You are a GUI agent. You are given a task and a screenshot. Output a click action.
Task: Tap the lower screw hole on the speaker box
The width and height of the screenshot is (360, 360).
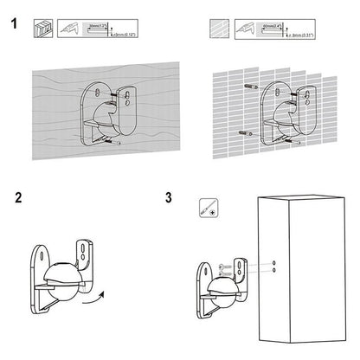click(274, 269)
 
